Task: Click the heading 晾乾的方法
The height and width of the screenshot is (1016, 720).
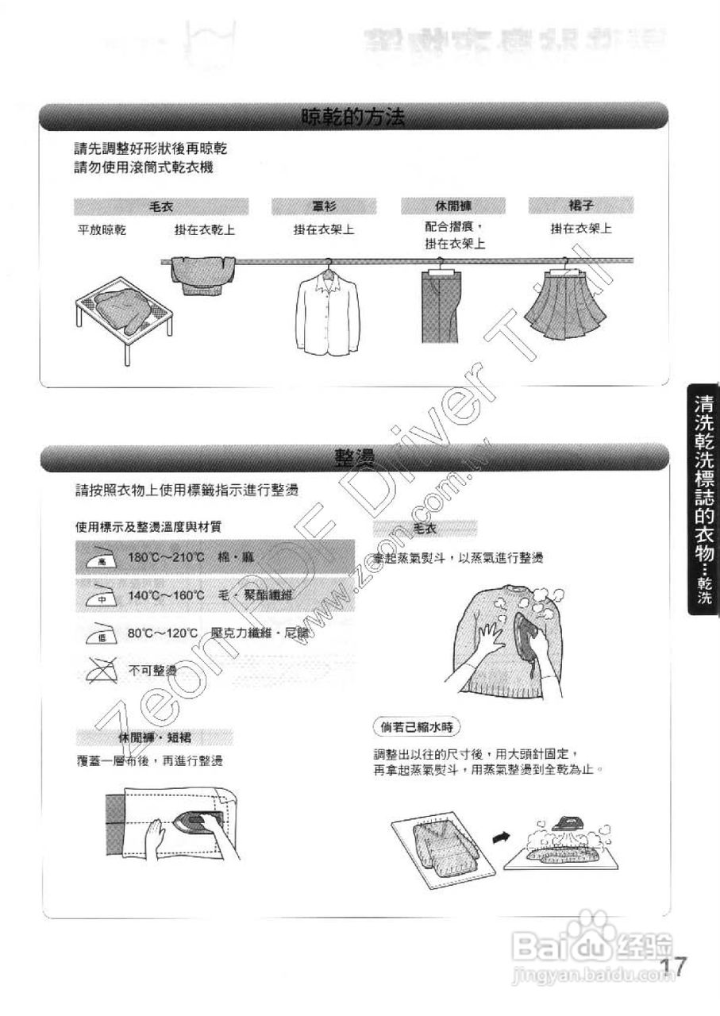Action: (x=352, y=118)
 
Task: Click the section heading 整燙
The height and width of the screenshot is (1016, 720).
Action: (x=354, y=458)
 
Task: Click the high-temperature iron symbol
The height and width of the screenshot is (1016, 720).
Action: (x=102, y=557)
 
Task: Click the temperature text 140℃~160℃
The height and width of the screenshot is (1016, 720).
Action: (x=167, y=595)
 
